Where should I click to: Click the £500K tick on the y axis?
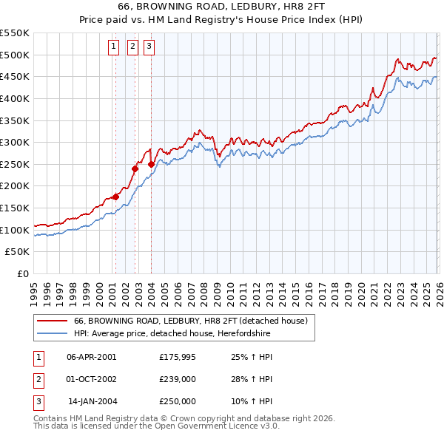[x=16, y=55]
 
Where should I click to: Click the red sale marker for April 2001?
[x=115, y=197]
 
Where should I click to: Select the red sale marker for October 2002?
[x=135, y=168]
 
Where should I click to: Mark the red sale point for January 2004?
[x=151, y=164]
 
